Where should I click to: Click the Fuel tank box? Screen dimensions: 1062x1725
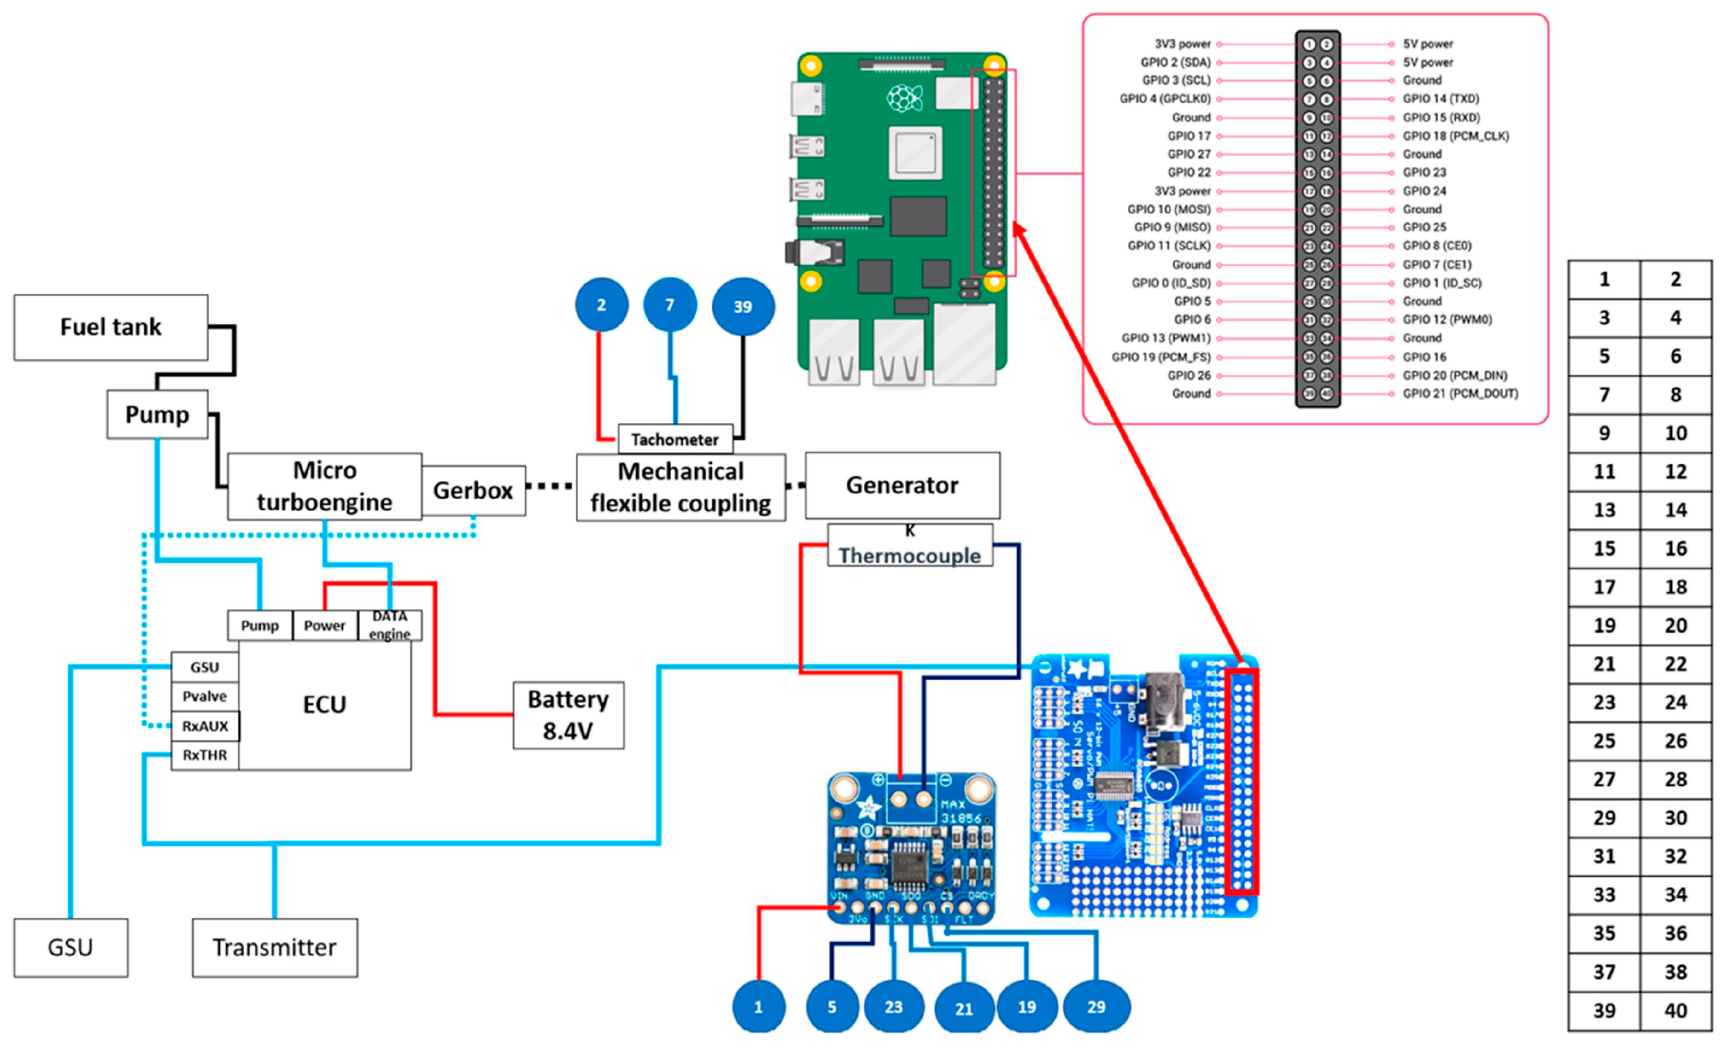tap(110, 327)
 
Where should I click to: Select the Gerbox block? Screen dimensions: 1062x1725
tap(473, 490)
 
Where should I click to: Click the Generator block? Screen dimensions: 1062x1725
tap(901, 485)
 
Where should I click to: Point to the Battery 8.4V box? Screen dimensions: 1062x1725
tap(567, 715)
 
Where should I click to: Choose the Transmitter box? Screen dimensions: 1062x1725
tap(274, 947)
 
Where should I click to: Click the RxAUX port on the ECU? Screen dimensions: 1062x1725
tap(204, 726)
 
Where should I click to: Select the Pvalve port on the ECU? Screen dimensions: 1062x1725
tap(204, 696)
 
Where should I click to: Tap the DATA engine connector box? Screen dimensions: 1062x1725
tap(389, 625)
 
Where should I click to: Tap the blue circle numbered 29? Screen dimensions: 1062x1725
tap(1096, 1007)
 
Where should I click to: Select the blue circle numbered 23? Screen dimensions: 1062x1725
tap(893, 1007)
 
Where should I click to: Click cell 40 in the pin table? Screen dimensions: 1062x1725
tap(1675, 1011)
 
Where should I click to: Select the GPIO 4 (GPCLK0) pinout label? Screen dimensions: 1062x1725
tap(1165, 99)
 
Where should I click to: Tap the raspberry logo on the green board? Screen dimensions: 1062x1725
tap(905, 99)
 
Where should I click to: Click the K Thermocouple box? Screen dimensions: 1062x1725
tap(909, 546)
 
